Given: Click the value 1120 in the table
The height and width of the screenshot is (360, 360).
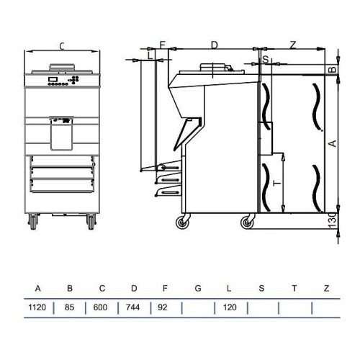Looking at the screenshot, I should [x=37, y=307].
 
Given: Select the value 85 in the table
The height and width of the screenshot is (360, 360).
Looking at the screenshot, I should [x=70, y=307].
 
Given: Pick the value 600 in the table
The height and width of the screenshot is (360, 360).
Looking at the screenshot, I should [x=102, y=307].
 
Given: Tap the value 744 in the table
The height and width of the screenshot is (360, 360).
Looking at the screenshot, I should [x=134, y=307].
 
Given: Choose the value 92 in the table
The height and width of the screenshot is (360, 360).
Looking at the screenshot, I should [x=165, y=307].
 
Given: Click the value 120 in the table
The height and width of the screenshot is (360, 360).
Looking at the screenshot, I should [x=228, y=307].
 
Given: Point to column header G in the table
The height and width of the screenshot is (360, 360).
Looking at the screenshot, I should [x=197, y=289].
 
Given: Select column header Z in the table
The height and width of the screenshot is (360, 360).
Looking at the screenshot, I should [x=326, y=289].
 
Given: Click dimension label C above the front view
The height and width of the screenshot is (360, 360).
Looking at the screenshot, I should [x=62, y=47].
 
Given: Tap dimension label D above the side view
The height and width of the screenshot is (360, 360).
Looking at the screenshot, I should [x=214, y=45].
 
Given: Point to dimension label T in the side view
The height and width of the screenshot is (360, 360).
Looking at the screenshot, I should [x=277, y=184].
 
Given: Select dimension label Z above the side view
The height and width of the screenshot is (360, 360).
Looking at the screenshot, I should [x=292, y=45].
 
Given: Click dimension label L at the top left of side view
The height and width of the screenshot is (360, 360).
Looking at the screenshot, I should [x=149, y=54].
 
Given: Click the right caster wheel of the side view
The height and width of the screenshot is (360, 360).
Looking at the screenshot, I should [x=247, y=223].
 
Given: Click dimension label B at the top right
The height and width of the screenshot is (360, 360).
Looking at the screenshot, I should [x=331, y=70].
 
